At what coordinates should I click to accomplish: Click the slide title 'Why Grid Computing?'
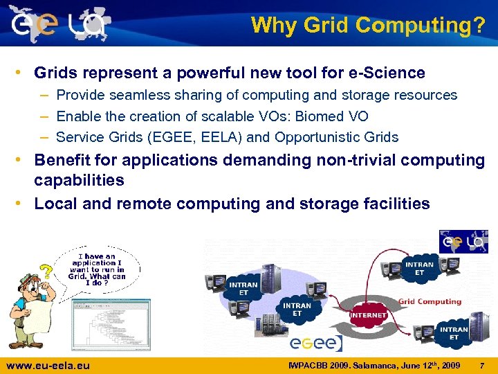point(368,25)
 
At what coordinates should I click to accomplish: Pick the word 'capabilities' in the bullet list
point(79,181)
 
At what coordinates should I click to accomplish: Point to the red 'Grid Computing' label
point(430,302)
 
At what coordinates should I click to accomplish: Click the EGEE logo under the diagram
point(315,343)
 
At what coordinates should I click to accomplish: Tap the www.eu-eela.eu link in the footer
point(48,365)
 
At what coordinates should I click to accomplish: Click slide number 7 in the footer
point(482,365)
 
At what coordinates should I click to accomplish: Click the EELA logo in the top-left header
point(59,24)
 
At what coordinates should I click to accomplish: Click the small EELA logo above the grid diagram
point(463,242)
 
